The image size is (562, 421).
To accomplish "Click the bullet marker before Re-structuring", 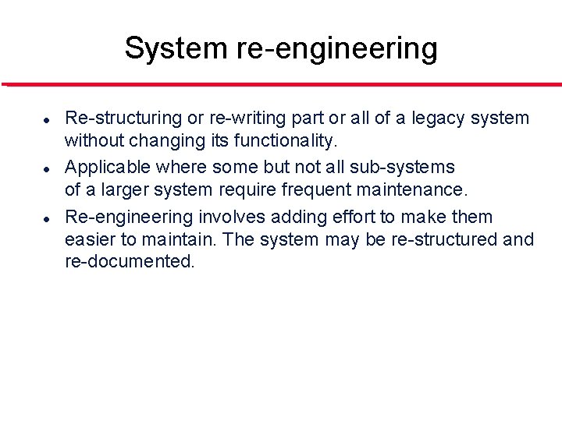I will [x=47, y=121].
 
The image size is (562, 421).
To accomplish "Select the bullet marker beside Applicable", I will [x=47, y=168].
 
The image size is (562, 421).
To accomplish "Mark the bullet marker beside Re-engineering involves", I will [x=47, y=218].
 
